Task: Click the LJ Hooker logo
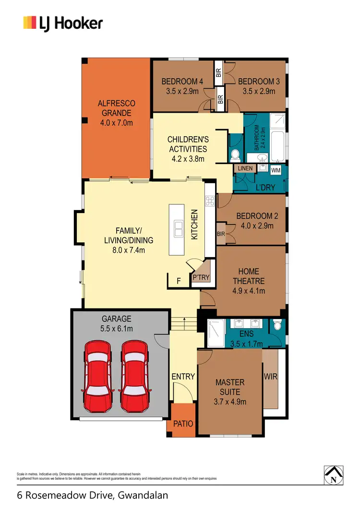63,23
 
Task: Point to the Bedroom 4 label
182,82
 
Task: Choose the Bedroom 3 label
258,82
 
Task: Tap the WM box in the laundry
276,170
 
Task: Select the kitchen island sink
179,229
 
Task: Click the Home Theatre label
249,277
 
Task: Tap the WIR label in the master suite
271,377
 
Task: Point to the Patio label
183,424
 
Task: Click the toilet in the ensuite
276,326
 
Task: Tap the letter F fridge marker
179,282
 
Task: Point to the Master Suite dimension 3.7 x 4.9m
230,402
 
